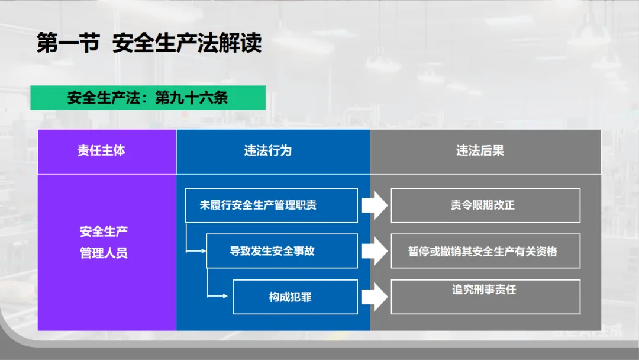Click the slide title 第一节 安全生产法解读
[x=149, y=44]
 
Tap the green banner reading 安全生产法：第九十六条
[x=147, y=98]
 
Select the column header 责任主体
[x=101, y=151]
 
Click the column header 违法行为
[x=268, y=151]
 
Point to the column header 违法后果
[x=480, y=151]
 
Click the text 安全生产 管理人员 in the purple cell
[x=104, y=242]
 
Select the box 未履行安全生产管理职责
[x=272, y=205]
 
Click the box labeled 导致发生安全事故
[x=282, y=251]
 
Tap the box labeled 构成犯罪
[x=295, y=297]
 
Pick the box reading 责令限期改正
[x=485, y=205]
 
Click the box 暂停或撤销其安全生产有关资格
[x=485, y=251]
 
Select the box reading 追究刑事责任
[x=485, y=296]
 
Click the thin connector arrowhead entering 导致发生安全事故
[x=202, y=251]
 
